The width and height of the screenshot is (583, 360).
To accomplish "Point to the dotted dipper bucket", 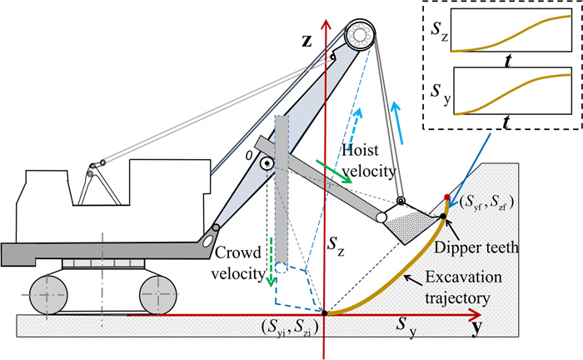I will pos(411,224).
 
